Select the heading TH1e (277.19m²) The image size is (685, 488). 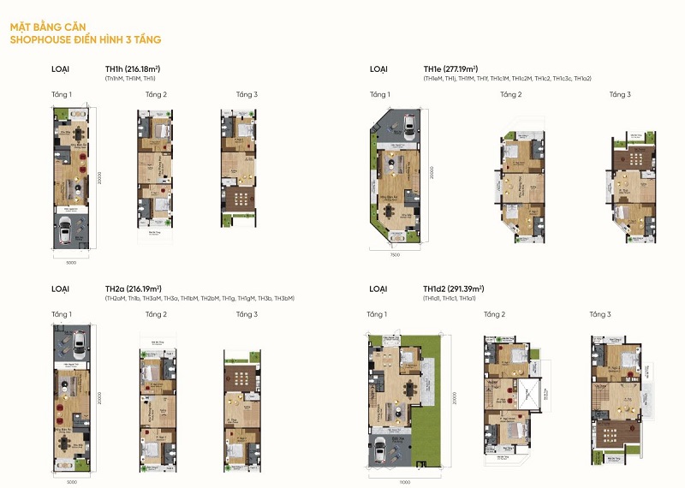coord(450,68)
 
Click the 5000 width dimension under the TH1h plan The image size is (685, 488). coord(72,261)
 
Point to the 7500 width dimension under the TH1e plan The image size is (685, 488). coord(395,254)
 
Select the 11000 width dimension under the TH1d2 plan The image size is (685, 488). coord(403,481)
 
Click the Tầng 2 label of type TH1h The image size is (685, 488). coord(156,94)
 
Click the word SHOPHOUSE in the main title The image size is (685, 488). coord(42,39)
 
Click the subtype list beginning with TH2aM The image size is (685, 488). coord(200,298)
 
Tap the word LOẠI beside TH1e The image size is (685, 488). coord(378,68)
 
